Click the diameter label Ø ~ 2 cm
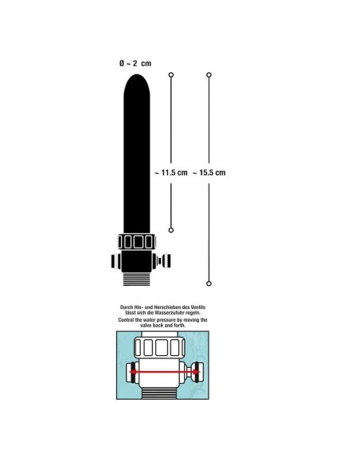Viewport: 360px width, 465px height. click(135, 63)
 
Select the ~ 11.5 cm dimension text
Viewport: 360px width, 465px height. click(171, 173)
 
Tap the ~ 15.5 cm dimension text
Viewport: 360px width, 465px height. click(209, 173)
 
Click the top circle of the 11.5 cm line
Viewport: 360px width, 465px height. click(170, 75)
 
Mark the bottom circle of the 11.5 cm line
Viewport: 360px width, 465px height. click(170, 230)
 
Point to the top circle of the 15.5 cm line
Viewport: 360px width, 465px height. click(209, 75)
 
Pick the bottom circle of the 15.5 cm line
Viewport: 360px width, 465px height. click(209, 283)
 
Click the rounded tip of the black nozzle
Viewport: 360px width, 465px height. click(137, 80)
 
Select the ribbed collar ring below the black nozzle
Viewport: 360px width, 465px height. click(137, 242)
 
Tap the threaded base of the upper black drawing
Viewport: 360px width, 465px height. click(137, 279)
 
